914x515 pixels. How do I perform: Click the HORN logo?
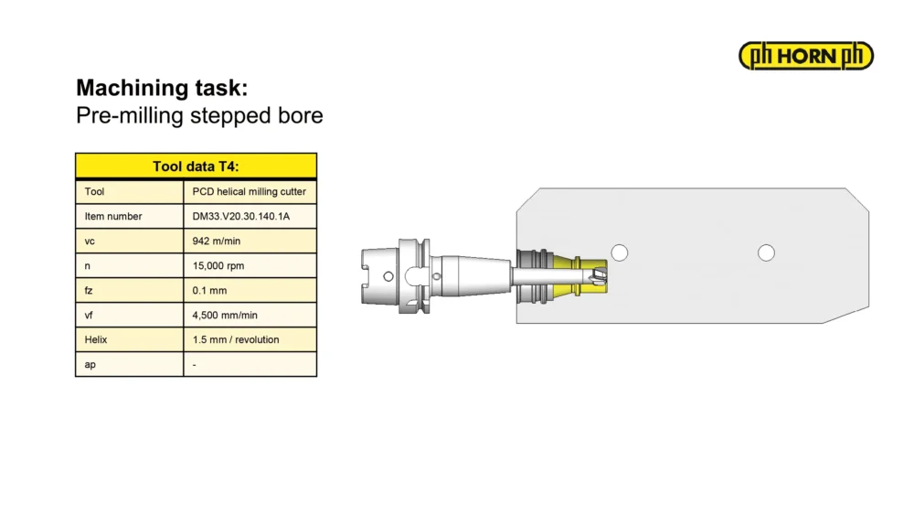click(x=805, y=56)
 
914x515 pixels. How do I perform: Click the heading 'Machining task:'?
click(x=162, y=88)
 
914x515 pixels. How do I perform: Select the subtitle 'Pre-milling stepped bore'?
click(x=199, y=115)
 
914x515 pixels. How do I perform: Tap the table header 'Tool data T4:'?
click(x=196, y=166)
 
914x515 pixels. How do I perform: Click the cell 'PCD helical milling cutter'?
click(x=249, y=191)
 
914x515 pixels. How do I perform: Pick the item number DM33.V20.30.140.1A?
click(x=240, y=217)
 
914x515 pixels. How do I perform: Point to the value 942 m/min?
click(x=217, y=241)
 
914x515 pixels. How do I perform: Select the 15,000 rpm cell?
click(x=218, y=265)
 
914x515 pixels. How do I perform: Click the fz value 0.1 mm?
click(x=209, y=291)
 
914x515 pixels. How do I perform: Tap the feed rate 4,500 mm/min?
click(x=225, y=315)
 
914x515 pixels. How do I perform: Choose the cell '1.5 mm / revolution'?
click(x=236, y=339)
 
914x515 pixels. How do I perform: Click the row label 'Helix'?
click(x=96, y=339)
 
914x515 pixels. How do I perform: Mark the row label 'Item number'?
click(x=113, y=217)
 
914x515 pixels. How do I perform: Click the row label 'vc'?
click(x=90, y=241)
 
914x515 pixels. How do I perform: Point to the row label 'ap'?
click(x=90, y=364)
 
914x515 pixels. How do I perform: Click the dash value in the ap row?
click(x=194, y=364)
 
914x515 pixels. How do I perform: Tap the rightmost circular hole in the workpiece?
click(x=766, y=252)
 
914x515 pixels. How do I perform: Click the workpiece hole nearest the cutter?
click(x=619, y=252)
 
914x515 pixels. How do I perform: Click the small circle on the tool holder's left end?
click(x=388, y=276)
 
